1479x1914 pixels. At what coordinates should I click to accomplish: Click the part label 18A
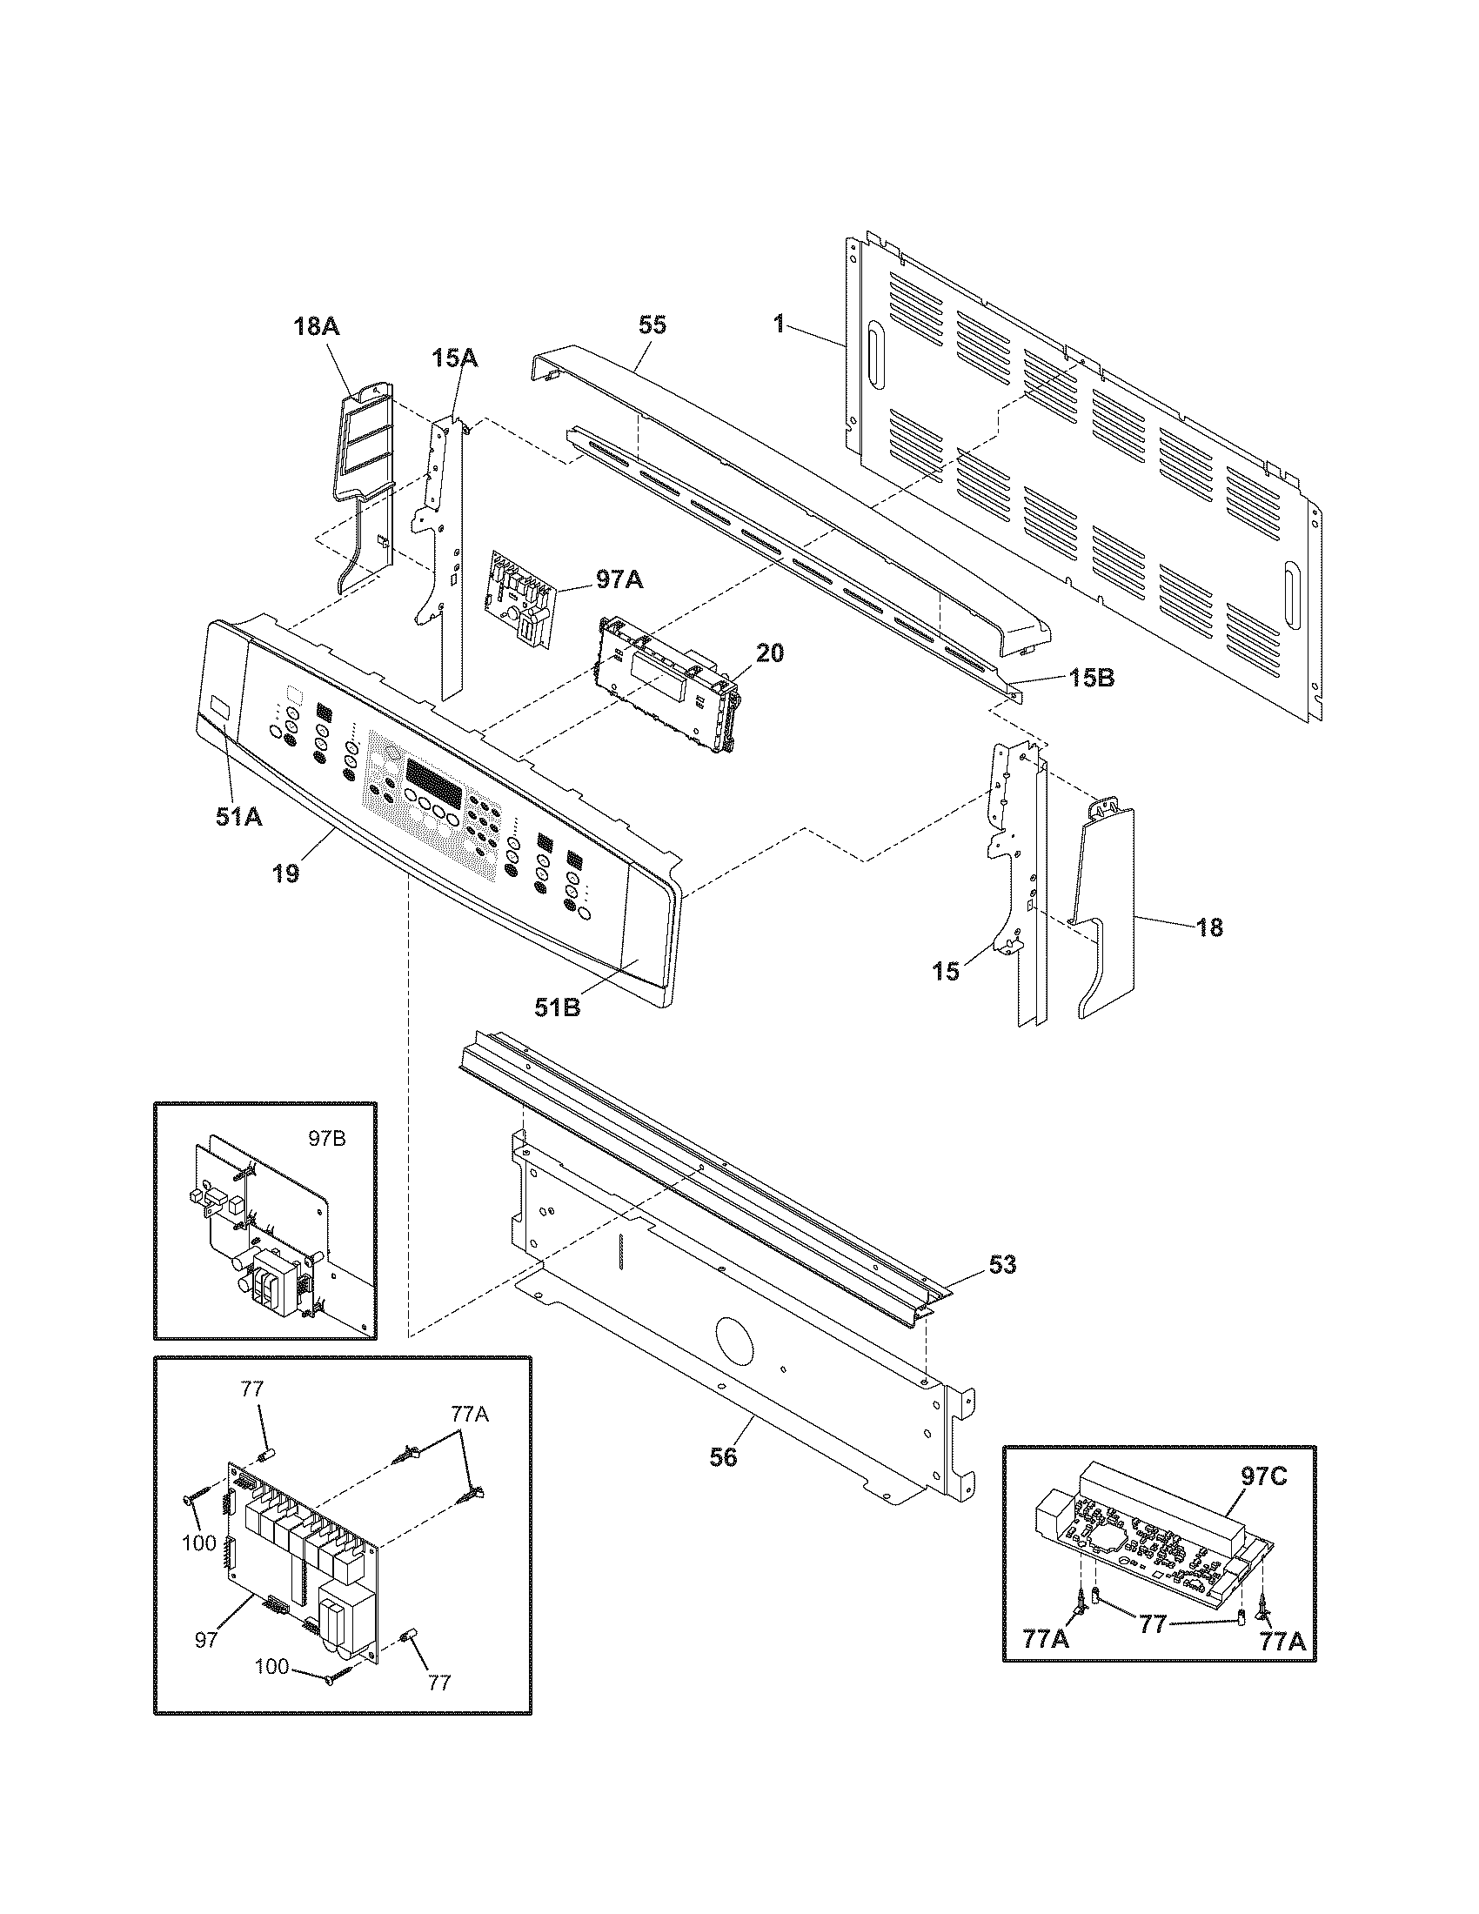pos(317,328)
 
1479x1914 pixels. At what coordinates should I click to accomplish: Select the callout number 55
pos(652,325)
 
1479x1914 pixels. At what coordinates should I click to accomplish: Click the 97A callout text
pos(619,579)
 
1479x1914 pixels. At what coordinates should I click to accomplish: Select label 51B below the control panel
pos(558,1007)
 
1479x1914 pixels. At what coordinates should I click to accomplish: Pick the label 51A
pos(238,816)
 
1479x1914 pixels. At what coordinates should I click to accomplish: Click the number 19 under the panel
pos(284,873)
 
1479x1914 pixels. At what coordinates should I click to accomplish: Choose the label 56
pos(724,1456)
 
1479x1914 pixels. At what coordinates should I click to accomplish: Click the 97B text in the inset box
pos(326,1139)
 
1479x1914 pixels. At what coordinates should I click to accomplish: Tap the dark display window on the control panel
pos(433,773)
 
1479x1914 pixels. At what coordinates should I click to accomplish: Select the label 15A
pos(454,358)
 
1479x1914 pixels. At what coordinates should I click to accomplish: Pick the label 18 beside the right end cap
pos(1209,927)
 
